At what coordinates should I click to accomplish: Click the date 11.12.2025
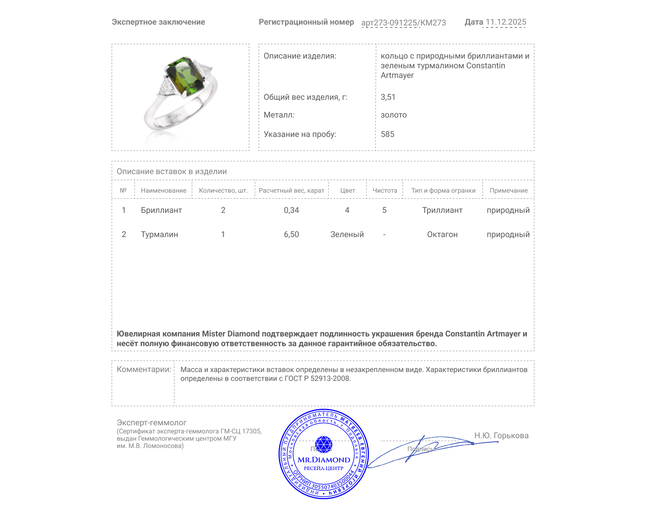pos(506,22)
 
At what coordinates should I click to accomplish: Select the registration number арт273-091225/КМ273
pos(403,23)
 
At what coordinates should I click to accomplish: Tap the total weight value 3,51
pos(388,97)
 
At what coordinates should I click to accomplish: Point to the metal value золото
pos(394,115)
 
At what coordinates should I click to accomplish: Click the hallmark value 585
pos(388,134)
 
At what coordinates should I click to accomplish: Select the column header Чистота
pos(385,190)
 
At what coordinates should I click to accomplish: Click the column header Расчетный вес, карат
pos(292,190)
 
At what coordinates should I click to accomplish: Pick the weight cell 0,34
pos(292,210)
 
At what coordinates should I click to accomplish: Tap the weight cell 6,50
pos(292,234)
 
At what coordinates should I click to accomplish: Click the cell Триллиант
pos(443,210)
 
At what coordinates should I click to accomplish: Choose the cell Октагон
pos(443,234)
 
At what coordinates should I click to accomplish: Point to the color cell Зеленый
pos(347,234)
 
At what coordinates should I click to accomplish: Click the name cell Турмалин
pos(159,234)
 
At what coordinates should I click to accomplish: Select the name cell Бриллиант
pos(161,210)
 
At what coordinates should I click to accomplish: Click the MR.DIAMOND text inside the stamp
pos(324,460)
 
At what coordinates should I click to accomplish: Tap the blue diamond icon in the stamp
pos(323,444)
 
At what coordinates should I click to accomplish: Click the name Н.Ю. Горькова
pos(501,435)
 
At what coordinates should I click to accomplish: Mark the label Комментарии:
pos(144,369)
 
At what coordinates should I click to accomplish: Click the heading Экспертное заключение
pos(158,22)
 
